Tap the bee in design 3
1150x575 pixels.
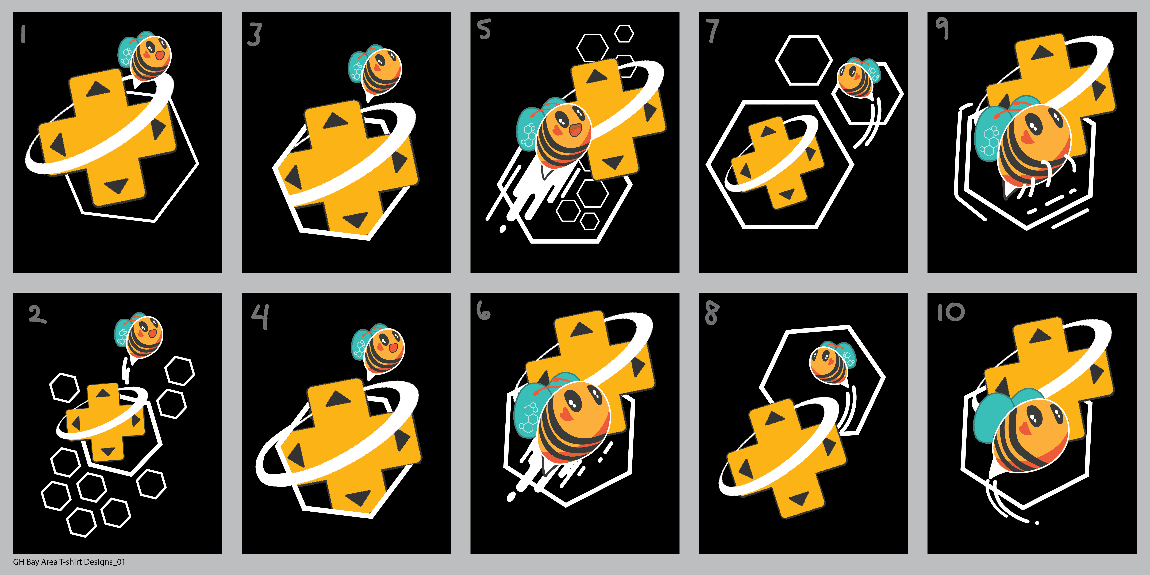click(375, 71)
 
